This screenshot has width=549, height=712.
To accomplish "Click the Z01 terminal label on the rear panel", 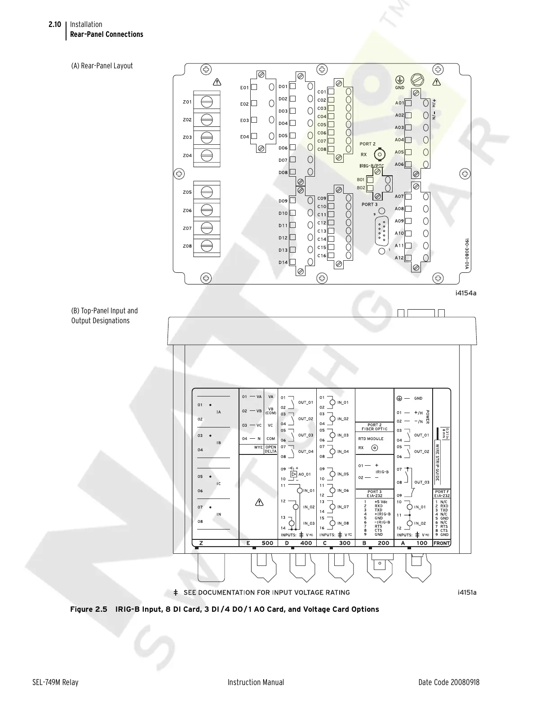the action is (187, 102).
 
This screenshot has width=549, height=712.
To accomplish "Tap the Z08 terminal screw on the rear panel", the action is (207, 246).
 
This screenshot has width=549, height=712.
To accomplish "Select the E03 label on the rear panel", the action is (244, 120).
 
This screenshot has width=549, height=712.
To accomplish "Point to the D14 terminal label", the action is (283, 262).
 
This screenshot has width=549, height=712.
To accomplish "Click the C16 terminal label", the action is (322, 256).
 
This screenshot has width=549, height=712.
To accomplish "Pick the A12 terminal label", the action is (399, 258).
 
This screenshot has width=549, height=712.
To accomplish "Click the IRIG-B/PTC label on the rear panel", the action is (372, 166).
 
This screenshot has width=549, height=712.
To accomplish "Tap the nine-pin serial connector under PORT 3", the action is (382, 230).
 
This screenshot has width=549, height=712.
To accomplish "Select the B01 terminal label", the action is (361, 180).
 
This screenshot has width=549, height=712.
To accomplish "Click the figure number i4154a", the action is (465, 293).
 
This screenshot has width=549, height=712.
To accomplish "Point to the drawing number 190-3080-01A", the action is (466, 254).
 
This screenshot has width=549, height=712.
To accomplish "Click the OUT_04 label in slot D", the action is (305, 452).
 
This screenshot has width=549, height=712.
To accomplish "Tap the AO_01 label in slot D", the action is (305, 474).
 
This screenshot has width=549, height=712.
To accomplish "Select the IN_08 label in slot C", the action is (343, 523).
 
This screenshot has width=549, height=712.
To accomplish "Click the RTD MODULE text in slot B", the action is (371, 439).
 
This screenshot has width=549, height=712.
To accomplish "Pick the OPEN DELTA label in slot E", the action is (270, 449).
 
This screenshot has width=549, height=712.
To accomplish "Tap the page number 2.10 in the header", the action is (55, 24).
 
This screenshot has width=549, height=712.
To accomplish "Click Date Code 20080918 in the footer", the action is (448, 682).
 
